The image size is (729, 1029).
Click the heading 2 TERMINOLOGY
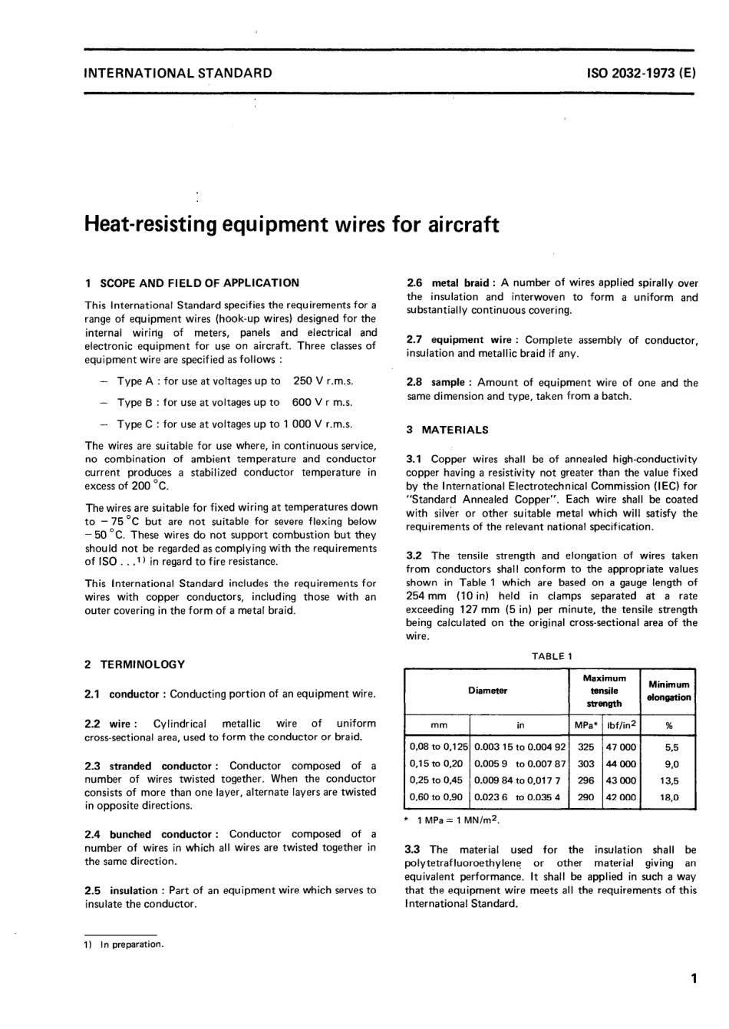(134, 665)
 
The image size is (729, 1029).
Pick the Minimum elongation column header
(668, 691)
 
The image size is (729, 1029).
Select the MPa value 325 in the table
(586, 747)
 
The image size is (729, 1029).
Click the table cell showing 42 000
(621, 797)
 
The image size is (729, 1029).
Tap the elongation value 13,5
(668, 780)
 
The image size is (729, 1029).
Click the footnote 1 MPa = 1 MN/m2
(457, 820)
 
